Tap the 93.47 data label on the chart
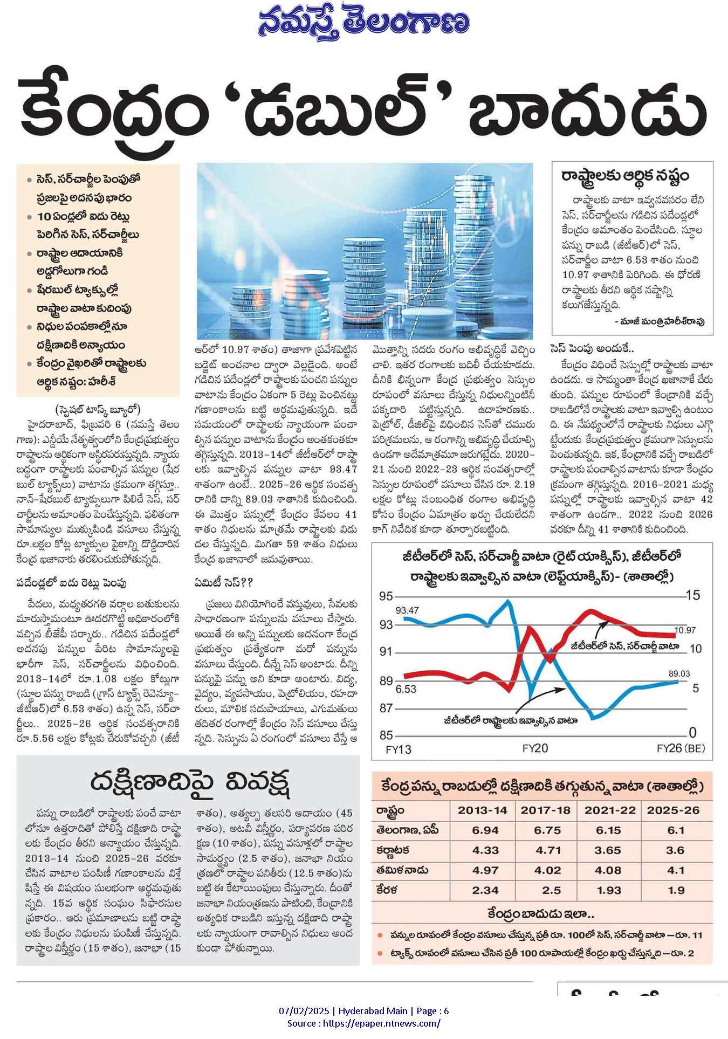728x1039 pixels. point(407,610)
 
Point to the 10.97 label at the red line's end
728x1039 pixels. point(685,630)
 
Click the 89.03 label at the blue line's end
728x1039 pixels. point(679,673)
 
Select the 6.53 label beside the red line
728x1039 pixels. point(406,689)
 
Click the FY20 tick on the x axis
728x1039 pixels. point(535,748)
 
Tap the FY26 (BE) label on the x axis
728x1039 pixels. point(681,748)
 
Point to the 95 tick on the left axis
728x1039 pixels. point(386,596)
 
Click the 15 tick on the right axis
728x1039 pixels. point(693,595)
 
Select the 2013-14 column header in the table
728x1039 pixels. point(483,810)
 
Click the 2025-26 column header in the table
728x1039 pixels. point(673,810)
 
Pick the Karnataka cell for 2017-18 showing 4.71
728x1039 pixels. point(547,850)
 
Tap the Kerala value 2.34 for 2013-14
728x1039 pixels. point(485,890)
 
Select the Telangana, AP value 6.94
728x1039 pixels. point(485,830)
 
